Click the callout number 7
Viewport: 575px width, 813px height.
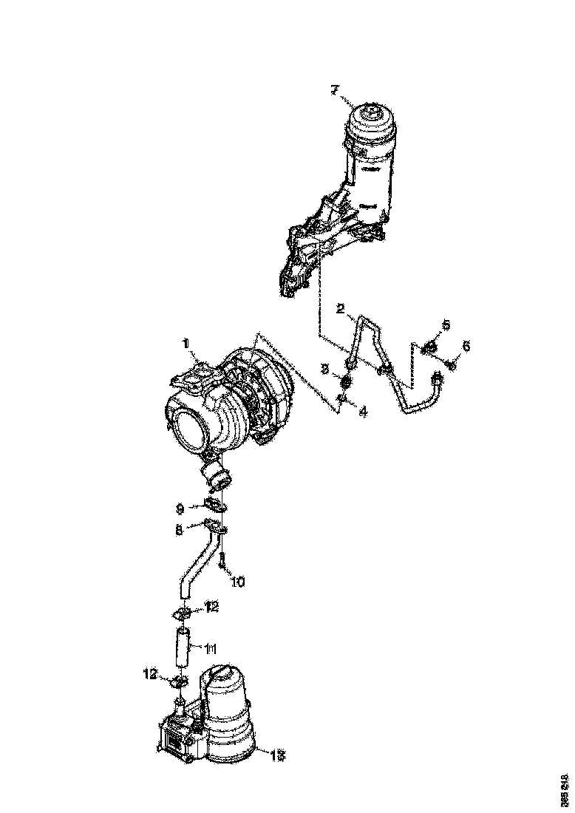point(334,90)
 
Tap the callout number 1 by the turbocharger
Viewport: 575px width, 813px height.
point(186,344)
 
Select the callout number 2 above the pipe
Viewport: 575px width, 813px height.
point(341,309)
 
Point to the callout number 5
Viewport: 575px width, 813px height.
point(446,325)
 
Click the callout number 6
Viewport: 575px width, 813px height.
point(466,346)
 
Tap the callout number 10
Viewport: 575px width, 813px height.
point(237,582)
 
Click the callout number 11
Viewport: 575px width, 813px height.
point(210,649)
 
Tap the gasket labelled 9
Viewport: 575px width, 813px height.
point(214,507)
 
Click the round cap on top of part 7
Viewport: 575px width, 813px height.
point(371,118)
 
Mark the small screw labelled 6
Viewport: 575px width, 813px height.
point(452,363)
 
